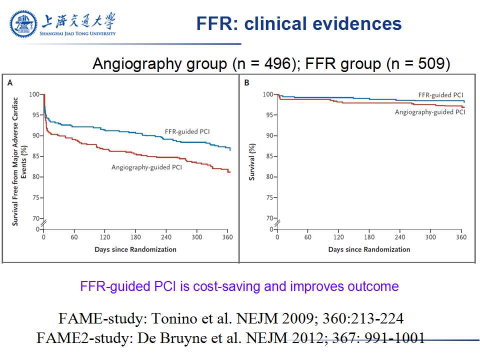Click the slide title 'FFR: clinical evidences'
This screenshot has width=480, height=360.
tap(298, 23)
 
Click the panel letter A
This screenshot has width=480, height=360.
tap(10, 83)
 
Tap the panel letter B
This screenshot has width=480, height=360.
tap(246, 83)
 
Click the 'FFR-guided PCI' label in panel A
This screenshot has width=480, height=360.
tap(187, 132)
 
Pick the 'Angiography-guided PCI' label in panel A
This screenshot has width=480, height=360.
tap(146, 167)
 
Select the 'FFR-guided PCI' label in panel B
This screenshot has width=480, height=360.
tap(441, 94)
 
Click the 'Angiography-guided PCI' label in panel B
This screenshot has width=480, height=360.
tap(430, 112)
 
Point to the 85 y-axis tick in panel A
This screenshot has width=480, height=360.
tap(34, 156)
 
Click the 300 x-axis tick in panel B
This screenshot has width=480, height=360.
tap(431, 237)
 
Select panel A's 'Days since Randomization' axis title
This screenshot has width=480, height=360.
tap(135, 249)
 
